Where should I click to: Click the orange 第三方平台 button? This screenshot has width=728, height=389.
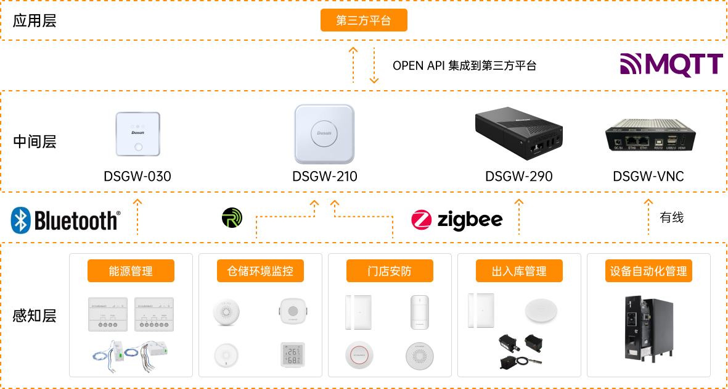364,20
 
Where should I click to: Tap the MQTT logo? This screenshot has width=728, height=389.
671,64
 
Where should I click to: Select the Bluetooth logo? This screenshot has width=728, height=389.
67,220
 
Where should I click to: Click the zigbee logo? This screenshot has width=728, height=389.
457,220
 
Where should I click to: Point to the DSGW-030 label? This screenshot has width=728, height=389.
137,177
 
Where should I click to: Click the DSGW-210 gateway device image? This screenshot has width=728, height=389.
324,135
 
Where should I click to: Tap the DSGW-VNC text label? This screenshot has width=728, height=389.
648,177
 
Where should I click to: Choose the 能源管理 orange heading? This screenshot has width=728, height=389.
131,271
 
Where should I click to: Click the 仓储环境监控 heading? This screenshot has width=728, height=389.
260,271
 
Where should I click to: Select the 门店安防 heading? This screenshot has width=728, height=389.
390,271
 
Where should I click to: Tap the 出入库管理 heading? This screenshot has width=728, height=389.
519,271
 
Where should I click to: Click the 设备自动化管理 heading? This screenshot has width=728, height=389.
648,271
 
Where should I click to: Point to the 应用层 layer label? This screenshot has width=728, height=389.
35,20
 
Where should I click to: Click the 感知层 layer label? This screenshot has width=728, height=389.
35,316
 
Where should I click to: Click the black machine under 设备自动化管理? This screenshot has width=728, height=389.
648,327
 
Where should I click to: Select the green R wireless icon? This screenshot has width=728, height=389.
231,219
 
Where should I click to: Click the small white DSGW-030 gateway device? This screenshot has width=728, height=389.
138,134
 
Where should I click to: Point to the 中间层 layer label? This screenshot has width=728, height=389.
35,141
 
